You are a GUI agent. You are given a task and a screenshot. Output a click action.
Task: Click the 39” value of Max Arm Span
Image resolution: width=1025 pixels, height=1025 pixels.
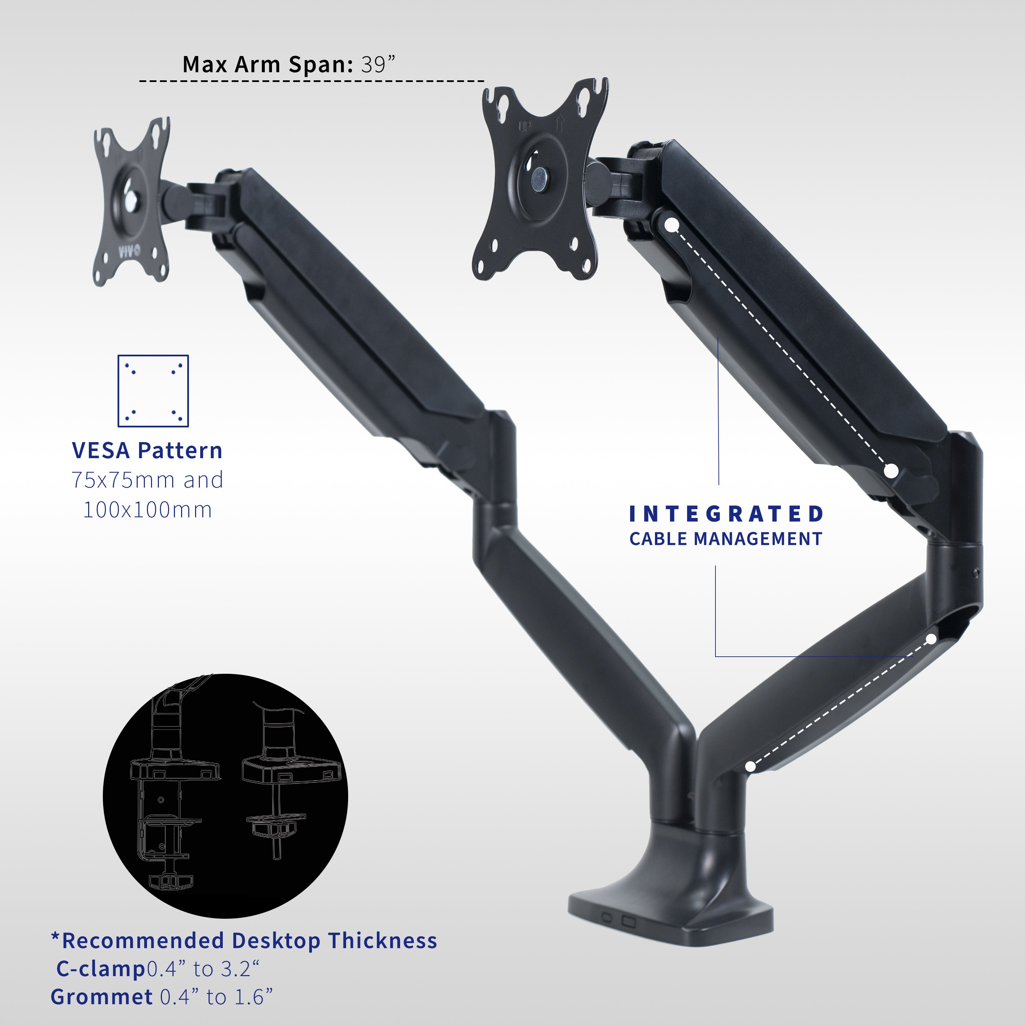click(378, 65)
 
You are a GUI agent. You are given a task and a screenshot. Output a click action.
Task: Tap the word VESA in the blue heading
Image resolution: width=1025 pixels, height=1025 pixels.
click(101, 451)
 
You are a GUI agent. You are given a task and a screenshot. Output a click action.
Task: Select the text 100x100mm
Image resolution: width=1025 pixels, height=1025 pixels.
click(148, 510)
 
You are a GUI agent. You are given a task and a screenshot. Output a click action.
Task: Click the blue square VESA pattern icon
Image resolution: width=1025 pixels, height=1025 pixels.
click(153, 391)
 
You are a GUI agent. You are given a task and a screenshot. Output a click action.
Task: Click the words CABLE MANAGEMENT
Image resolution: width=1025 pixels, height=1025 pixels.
click(726, 539)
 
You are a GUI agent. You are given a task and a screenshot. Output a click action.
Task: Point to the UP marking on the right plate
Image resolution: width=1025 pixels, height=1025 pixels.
click(524, 127)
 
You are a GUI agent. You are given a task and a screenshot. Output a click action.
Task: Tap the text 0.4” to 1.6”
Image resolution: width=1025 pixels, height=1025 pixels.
click(217, 997)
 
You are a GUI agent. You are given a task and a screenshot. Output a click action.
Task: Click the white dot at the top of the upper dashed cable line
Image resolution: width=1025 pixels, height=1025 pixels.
click(672, 225)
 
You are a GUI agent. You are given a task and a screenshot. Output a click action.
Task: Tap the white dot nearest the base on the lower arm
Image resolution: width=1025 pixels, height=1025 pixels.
click(750, 766)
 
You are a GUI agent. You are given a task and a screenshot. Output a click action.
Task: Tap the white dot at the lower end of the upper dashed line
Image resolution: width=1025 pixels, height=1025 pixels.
click(891, 470)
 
